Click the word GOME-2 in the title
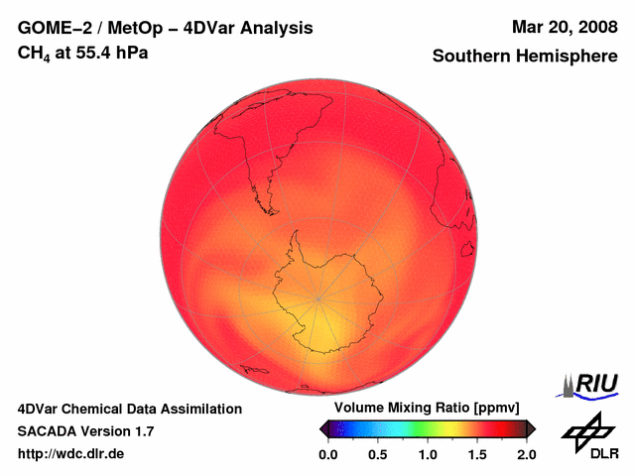tap(53, 28)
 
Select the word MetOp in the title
tap(129, 28)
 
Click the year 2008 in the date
tap(593, 27)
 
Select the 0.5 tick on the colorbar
tap(378, 454)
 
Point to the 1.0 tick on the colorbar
tap(428, 454)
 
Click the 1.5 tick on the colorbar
tap(477, 454)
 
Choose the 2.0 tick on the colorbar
tap(526, 454)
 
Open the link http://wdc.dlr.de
tap(71, 454)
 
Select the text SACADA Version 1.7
tap(85, 431)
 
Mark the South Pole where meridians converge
tap(318, 297)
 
